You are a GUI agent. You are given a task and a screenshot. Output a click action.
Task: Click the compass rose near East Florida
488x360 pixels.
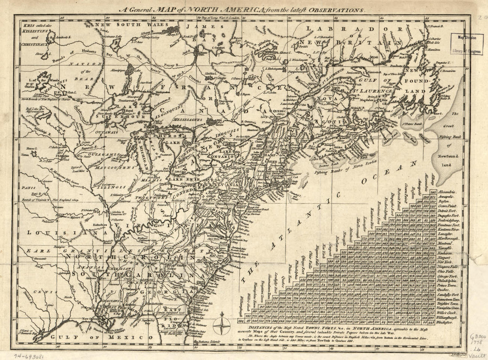[220, 329]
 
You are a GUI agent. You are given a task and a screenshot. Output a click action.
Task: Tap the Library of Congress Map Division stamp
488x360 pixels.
[469, 45]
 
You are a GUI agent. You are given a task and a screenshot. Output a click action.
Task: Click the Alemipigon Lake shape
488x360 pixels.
[130, 70]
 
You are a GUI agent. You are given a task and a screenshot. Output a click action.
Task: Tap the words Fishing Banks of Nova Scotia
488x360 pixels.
[340, 171]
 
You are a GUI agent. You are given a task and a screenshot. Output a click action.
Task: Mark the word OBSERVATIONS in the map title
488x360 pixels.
[339, 9]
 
